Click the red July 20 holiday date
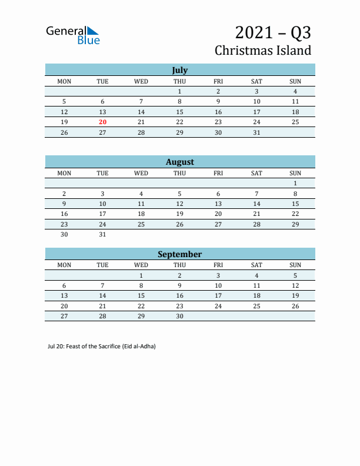click(102, 122)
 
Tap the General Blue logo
click(73, 35)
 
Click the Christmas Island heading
click(262, 50)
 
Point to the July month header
click(179, 70)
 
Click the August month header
click(179, 162)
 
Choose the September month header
click(179, 254)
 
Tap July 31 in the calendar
click(256, 132)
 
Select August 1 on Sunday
click(295, 183)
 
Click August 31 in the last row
click(102, 234)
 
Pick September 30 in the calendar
click(179, 316)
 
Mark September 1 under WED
click(141, 275)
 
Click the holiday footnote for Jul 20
click(101, 346)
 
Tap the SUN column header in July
click(295, 81)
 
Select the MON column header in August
click(64, 173)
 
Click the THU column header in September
click(179, 265)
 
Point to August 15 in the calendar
click(295, 204)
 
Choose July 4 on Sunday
click(295, 91)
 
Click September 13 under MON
click(64, 295)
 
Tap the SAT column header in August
click(256, 173)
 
